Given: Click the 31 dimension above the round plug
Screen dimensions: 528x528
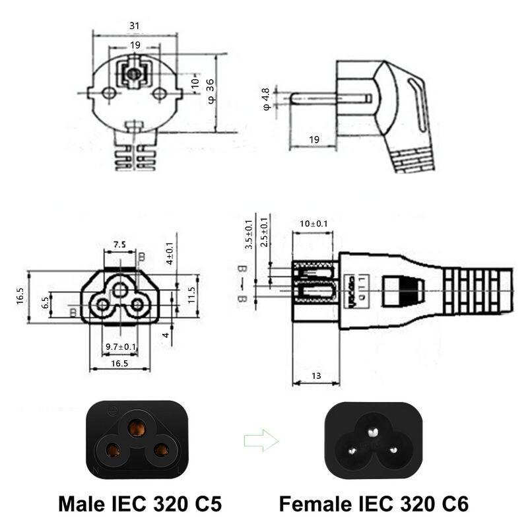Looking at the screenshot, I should (x=133, y=25).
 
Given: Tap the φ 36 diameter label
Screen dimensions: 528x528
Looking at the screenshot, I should (x=211, y=90).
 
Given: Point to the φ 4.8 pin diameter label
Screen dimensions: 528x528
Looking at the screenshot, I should (x=266, y=98).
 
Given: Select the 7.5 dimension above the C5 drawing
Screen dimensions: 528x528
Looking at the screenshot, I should (x=119, y=244).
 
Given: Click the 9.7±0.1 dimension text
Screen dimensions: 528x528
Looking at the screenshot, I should (x=121, y=346).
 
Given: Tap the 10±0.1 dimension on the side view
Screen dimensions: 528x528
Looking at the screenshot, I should (x=313, y=224).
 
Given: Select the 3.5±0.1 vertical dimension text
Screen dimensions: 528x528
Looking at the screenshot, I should (x=249, y=234).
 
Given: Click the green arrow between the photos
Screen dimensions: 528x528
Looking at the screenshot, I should (x=261, y=440).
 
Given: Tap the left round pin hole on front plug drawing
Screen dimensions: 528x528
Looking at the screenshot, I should (x=110, y=94).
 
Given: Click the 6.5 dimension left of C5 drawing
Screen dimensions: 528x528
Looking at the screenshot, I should (x=46, y=302).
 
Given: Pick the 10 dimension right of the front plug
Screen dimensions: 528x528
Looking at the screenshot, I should (x=195, y=83).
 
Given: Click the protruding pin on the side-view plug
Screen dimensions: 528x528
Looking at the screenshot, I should (x=330, y=99).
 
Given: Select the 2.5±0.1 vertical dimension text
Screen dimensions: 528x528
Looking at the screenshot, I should (x=265, y=231).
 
